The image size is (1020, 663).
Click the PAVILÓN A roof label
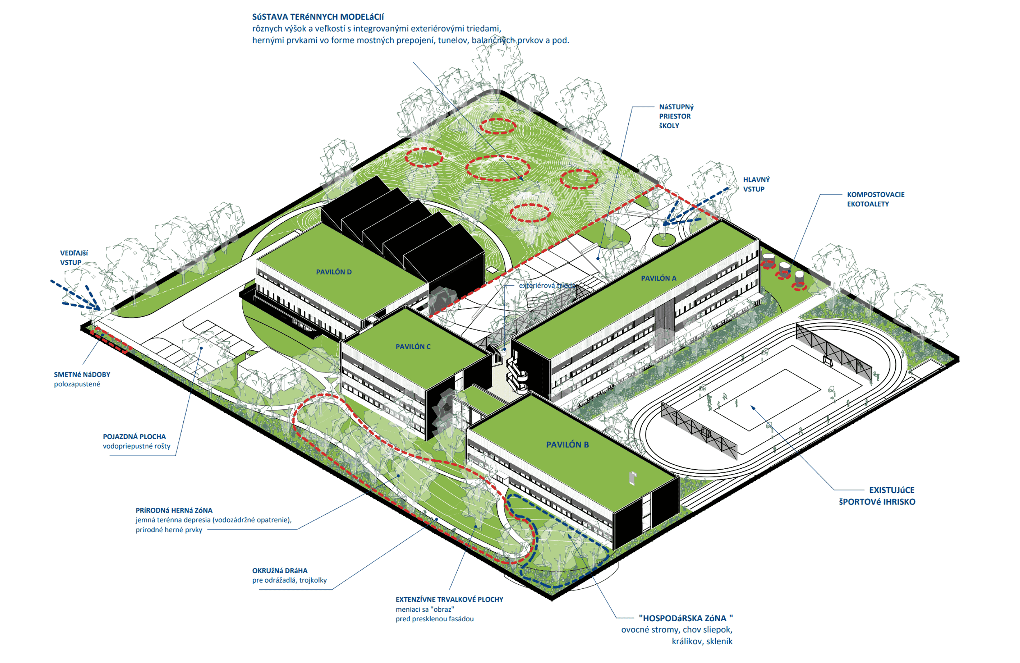tap(658, 278)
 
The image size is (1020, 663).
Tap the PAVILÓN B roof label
tap(567, 445)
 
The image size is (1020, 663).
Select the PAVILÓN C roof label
tap(413, 347)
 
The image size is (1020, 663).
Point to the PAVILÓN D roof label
tap(333, 272)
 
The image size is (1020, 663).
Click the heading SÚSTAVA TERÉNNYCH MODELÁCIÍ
tap(317, 17)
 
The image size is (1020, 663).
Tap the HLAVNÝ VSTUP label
tap(756, 184)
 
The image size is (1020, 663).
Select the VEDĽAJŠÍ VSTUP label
tap(74, 258)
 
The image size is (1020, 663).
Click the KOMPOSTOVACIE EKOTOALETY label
tap(875, 199)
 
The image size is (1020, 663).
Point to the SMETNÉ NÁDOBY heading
tap(82, 375)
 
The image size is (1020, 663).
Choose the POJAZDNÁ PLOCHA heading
tap(134, 436)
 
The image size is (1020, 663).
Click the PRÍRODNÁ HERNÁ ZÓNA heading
tap(173, 510)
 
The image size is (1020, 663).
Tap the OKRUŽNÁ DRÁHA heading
tap(279, 570)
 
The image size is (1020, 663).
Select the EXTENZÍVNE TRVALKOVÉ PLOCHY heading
tap(449, 599)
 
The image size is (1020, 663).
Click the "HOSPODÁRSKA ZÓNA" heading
tap(685, 618)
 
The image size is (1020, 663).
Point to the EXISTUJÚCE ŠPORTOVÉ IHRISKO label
tap(877, 495)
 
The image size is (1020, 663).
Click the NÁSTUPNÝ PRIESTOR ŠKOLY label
tap(676, 116)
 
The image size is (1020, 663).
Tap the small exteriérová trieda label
tap(546, 285)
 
